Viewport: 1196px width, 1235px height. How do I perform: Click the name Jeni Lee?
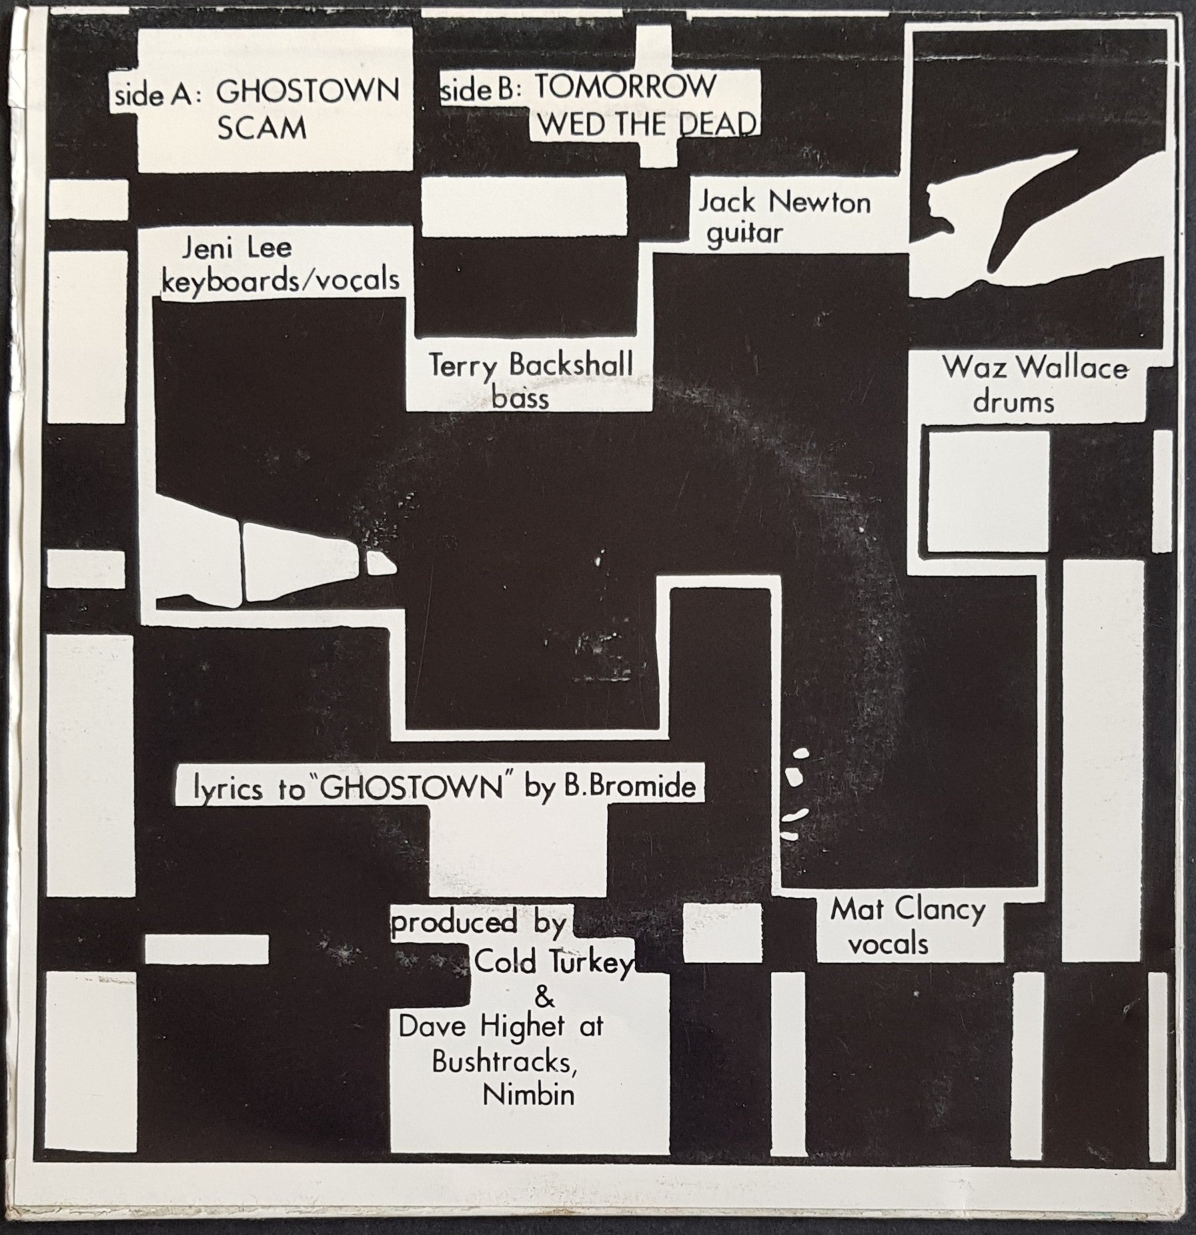tap(237, 248)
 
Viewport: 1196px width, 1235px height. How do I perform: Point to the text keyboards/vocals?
tap(281, 280)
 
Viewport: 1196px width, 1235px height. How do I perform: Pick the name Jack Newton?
tap(784, 202)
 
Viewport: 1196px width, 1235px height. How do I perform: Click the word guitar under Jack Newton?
tap(744, 234)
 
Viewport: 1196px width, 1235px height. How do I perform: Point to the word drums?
tap(1014, 402)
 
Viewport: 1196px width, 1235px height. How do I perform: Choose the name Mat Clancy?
tap(908, 911)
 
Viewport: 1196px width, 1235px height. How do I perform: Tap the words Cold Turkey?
tap(553, 963)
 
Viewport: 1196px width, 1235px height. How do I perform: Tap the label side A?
tap(154, 95)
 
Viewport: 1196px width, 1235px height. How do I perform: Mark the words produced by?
tap(478, 924)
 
